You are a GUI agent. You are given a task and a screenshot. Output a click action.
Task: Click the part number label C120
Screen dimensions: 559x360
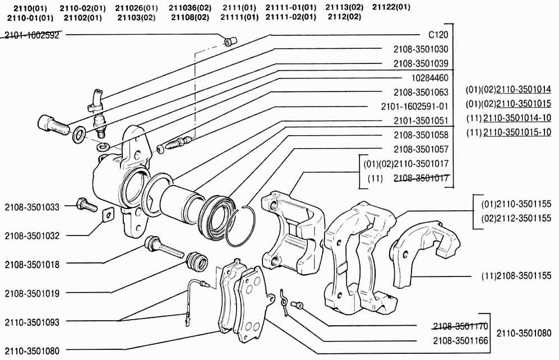tap(438, 35)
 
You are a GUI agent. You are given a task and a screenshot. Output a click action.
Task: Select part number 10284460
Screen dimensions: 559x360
tap(429, 78)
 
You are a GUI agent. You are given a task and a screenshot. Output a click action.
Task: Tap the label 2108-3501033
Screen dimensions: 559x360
tap(32, 207)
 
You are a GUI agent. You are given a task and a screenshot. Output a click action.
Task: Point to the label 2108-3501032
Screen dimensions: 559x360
tap(32, 236)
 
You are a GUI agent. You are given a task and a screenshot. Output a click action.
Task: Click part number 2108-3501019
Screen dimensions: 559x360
tap(32, 294)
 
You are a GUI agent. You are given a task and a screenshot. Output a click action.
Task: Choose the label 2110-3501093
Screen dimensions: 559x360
tap(32, 322)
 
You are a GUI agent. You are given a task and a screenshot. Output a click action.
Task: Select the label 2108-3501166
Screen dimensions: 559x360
tap(460, 341)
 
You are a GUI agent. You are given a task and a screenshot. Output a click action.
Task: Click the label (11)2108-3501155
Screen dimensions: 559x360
tap(516, 275)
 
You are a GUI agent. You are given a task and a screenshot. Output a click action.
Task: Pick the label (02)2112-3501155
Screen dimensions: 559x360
tap(516, 218)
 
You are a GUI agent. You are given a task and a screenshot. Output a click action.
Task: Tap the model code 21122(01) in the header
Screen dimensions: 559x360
tap(391, 7)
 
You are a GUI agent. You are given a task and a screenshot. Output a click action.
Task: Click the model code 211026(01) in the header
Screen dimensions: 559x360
tap(137, 8)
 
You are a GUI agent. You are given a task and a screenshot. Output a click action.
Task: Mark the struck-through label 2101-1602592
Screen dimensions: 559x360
tap(32, 35)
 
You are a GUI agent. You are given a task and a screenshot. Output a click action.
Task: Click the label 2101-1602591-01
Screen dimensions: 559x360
tap(414, 107)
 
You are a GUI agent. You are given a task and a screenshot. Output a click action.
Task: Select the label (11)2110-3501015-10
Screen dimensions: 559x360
tap(509, 132)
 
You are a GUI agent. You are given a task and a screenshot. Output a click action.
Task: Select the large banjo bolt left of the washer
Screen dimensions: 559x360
tap(53, 126)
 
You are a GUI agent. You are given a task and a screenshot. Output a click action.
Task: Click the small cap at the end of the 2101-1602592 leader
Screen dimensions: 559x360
tap(229, 41)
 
